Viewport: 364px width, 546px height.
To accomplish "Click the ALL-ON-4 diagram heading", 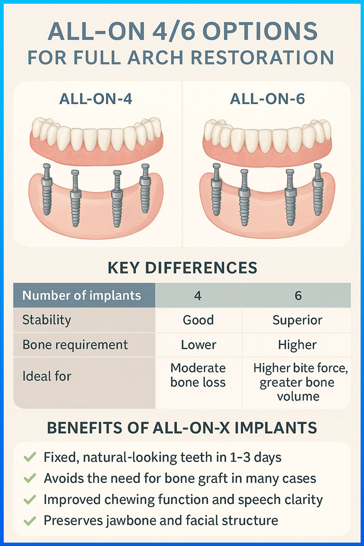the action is (x=96, y=99).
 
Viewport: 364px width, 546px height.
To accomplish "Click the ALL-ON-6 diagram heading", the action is (x=267, y=99).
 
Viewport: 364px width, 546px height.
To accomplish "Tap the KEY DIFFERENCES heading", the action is (x=183, y=268).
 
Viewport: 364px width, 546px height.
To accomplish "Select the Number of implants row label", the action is (x=82, y=295).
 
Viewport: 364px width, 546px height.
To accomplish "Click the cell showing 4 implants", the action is (x=198, y=296).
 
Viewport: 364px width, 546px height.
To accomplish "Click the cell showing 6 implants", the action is (x=298, y=296).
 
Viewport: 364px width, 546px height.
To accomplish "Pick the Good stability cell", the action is (x=198, y=320).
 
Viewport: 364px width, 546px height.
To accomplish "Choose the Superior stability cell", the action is (x=297, y=320).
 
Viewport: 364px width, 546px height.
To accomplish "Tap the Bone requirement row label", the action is (x=75, y=345).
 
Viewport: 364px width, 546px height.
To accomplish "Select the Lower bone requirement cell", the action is (x=199, y=345).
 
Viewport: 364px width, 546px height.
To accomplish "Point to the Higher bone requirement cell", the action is (x=297, y=345).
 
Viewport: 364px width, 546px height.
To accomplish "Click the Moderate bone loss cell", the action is (x=198, y=375).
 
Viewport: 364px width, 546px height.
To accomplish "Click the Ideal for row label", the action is (x=47, y=376).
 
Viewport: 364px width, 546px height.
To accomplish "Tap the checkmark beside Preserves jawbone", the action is (x=30, y=521).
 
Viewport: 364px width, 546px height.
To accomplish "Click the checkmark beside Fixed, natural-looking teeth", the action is (x=30, y=457).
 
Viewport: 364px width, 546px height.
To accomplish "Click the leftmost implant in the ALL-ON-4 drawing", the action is (x=47, y=189).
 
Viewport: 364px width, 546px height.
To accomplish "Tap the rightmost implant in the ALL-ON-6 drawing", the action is (x=317, y=189).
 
